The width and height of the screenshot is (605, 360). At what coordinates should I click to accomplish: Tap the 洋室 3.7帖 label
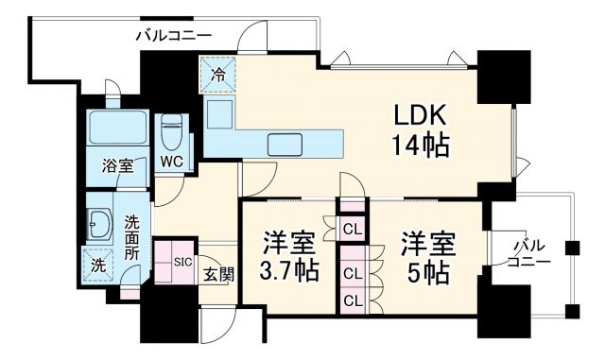pos(288,255)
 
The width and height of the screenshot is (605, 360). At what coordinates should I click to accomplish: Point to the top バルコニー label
pos(174,36)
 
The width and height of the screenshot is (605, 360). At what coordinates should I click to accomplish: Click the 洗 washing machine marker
pos(97,267)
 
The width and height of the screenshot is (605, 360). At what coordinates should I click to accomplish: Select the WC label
pos(171,161)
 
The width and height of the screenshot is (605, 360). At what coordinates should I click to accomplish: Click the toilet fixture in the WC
pos(171,128)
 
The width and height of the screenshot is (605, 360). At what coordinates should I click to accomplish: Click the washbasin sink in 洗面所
pos(100,225)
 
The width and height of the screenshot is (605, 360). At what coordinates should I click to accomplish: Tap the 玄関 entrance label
pos(218,275)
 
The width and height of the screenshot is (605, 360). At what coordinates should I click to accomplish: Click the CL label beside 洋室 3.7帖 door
pos(352,228)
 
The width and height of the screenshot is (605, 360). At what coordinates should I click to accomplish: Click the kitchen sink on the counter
pos(285,143)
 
